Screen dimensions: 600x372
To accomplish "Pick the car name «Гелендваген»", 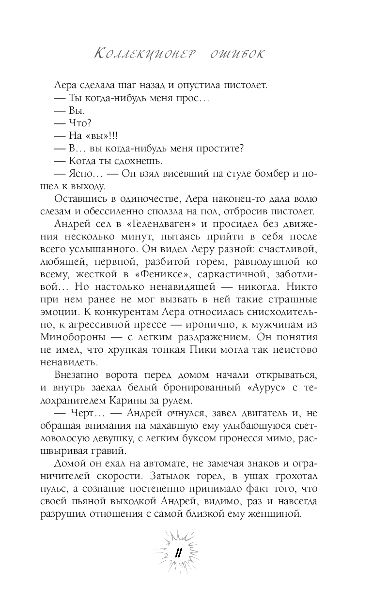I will tap(159, 224).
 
